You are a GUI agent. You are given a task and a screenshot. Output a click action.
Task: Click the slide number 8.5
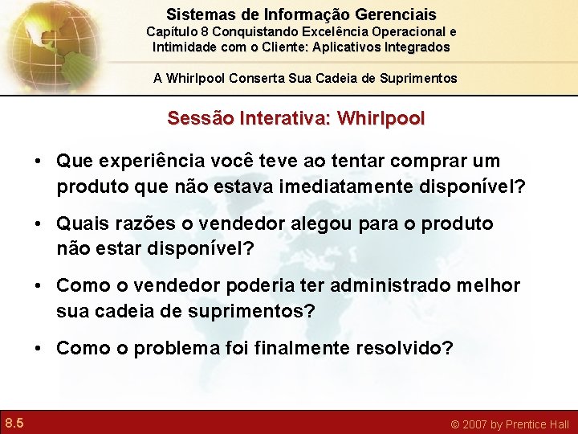14,423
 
